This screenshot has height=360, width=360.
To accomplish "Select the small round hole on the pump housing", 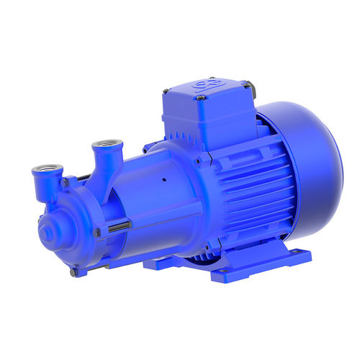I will coord(165,179).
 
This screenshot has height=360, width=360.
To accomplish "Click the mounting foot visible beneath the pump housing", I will coord(162,263).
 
